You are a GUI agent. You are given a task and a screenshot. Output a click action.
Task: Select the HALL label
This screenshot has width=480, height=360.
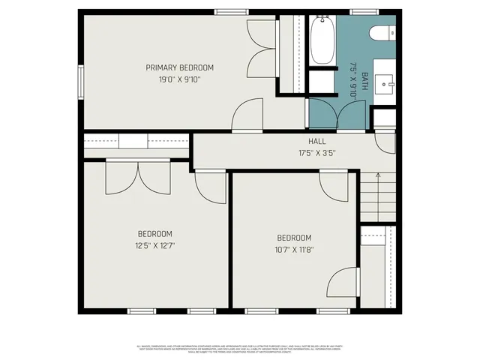point(316,141)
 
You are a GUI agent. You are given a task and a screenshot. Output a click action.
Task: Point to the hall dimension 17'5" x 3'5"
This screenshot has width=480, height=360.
point(316,152)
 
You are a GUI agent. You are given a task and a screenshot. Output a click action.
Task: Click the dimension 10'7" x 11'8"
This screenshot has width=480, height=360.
point(294,250)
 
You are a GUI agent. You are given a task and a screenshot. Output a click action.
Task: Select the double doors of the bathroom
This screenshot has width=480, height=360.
point(338,113)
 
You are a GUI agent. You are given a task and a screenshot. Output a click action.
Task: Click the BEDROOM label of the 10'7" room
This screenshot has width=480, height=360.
point(294,238)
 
